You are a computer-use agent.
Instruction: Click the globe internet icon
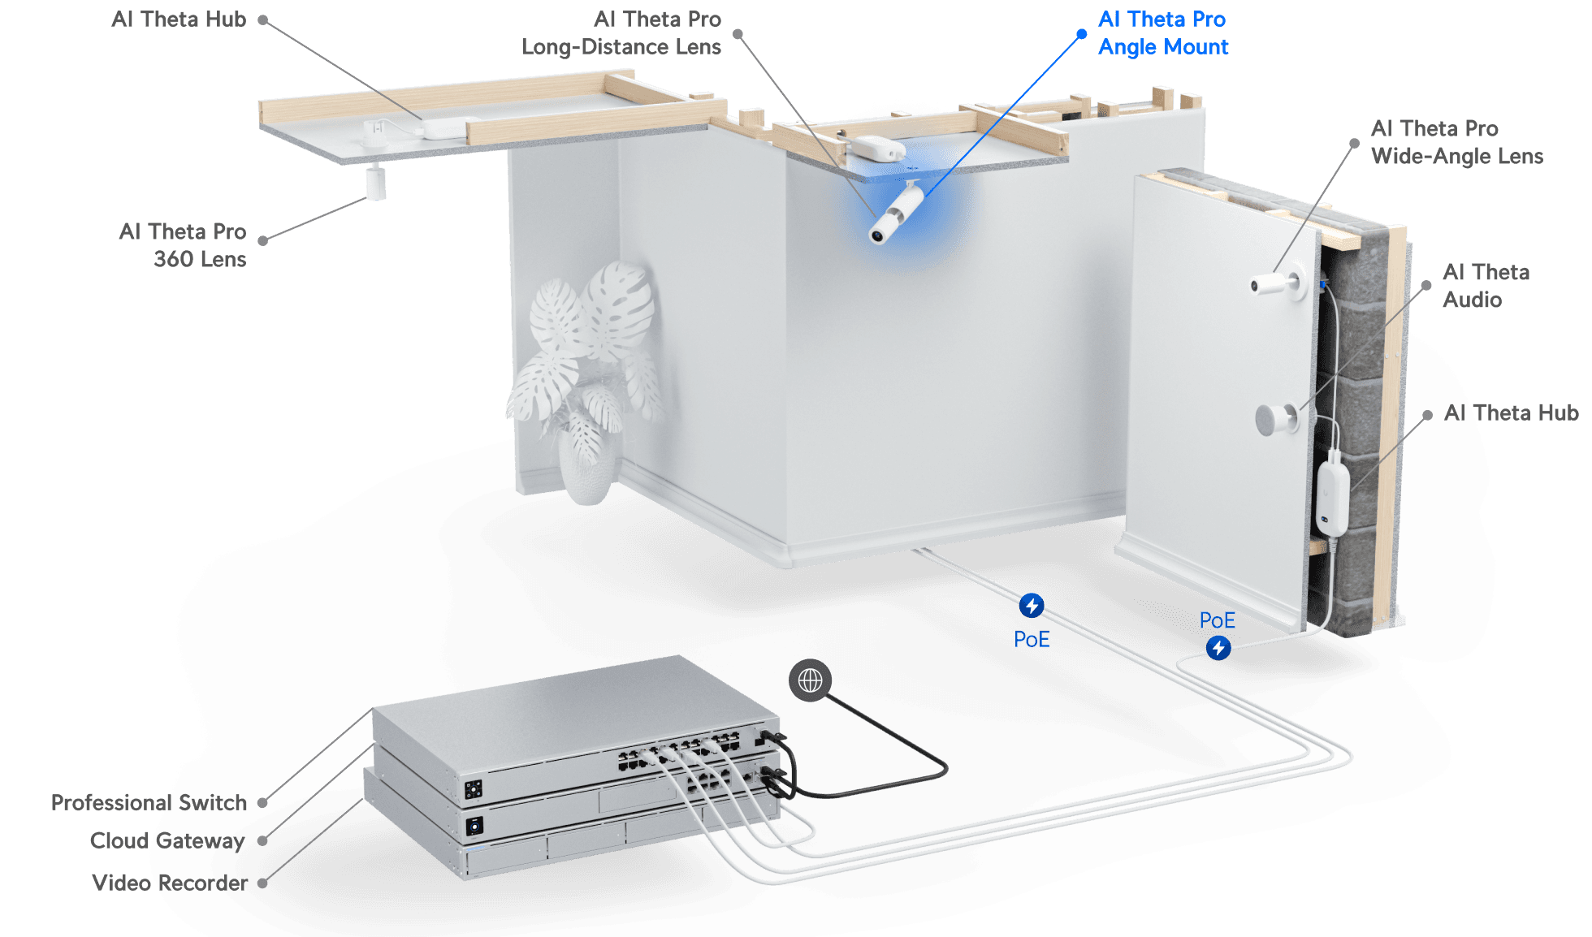point(810,680)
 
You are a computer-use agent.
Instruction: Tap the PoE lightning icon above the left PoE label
point(1032,606)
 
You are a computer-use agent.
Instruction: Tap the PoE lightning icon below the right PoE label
point(1218,648)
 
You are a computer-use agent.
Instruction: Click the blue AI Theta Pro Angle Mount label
point(1162,33)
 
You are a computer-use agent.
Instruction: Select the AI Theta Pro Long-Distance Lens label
point(621,33)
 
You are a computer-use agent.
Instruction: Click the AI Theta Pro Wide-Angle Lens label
point(1456,142)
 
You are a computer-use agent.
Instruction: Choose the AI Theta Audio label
point(1486,286)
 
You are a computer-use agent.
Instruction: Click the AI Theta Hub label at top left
point(179,19)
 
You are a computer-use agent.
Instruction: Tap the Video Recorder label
point(169,883)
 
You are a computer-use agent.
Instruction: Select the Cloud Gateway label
point(167,840)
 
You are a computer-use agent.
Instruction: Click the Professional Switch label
point(148,803)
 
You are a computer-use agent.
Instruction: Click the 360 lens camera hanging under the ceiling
point(375,182)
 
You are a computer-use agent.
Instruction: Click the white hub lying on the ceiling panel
point(443,127)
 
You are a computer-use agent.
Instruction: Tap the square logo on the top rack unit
point(473,788)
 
